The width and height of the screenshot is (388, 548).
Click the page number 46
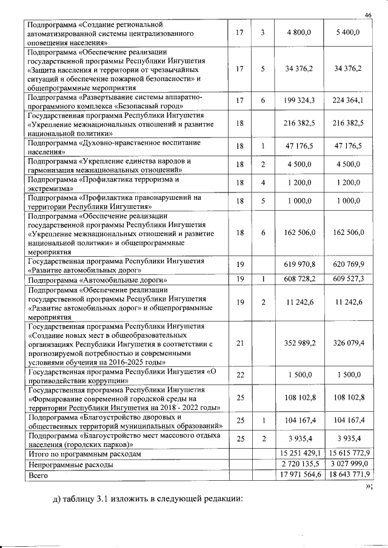coord(367,15)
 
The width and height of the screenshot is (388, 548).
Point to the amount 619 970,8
coord(299,268)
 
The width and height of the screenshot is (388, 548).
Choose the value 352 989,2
coord(299,343)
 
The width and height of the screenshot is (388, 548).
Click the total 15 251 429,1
coord(299,453)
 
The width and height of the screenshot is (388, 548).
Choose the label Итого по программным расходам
coord(85,454)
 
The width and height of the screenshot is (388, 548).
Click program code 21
coord(239,343)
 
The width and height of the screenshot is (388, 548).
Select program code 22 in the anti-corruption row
coord(239,375)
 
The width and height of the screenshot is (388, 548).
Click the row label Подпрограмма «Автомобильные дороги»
coord(98,280)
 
